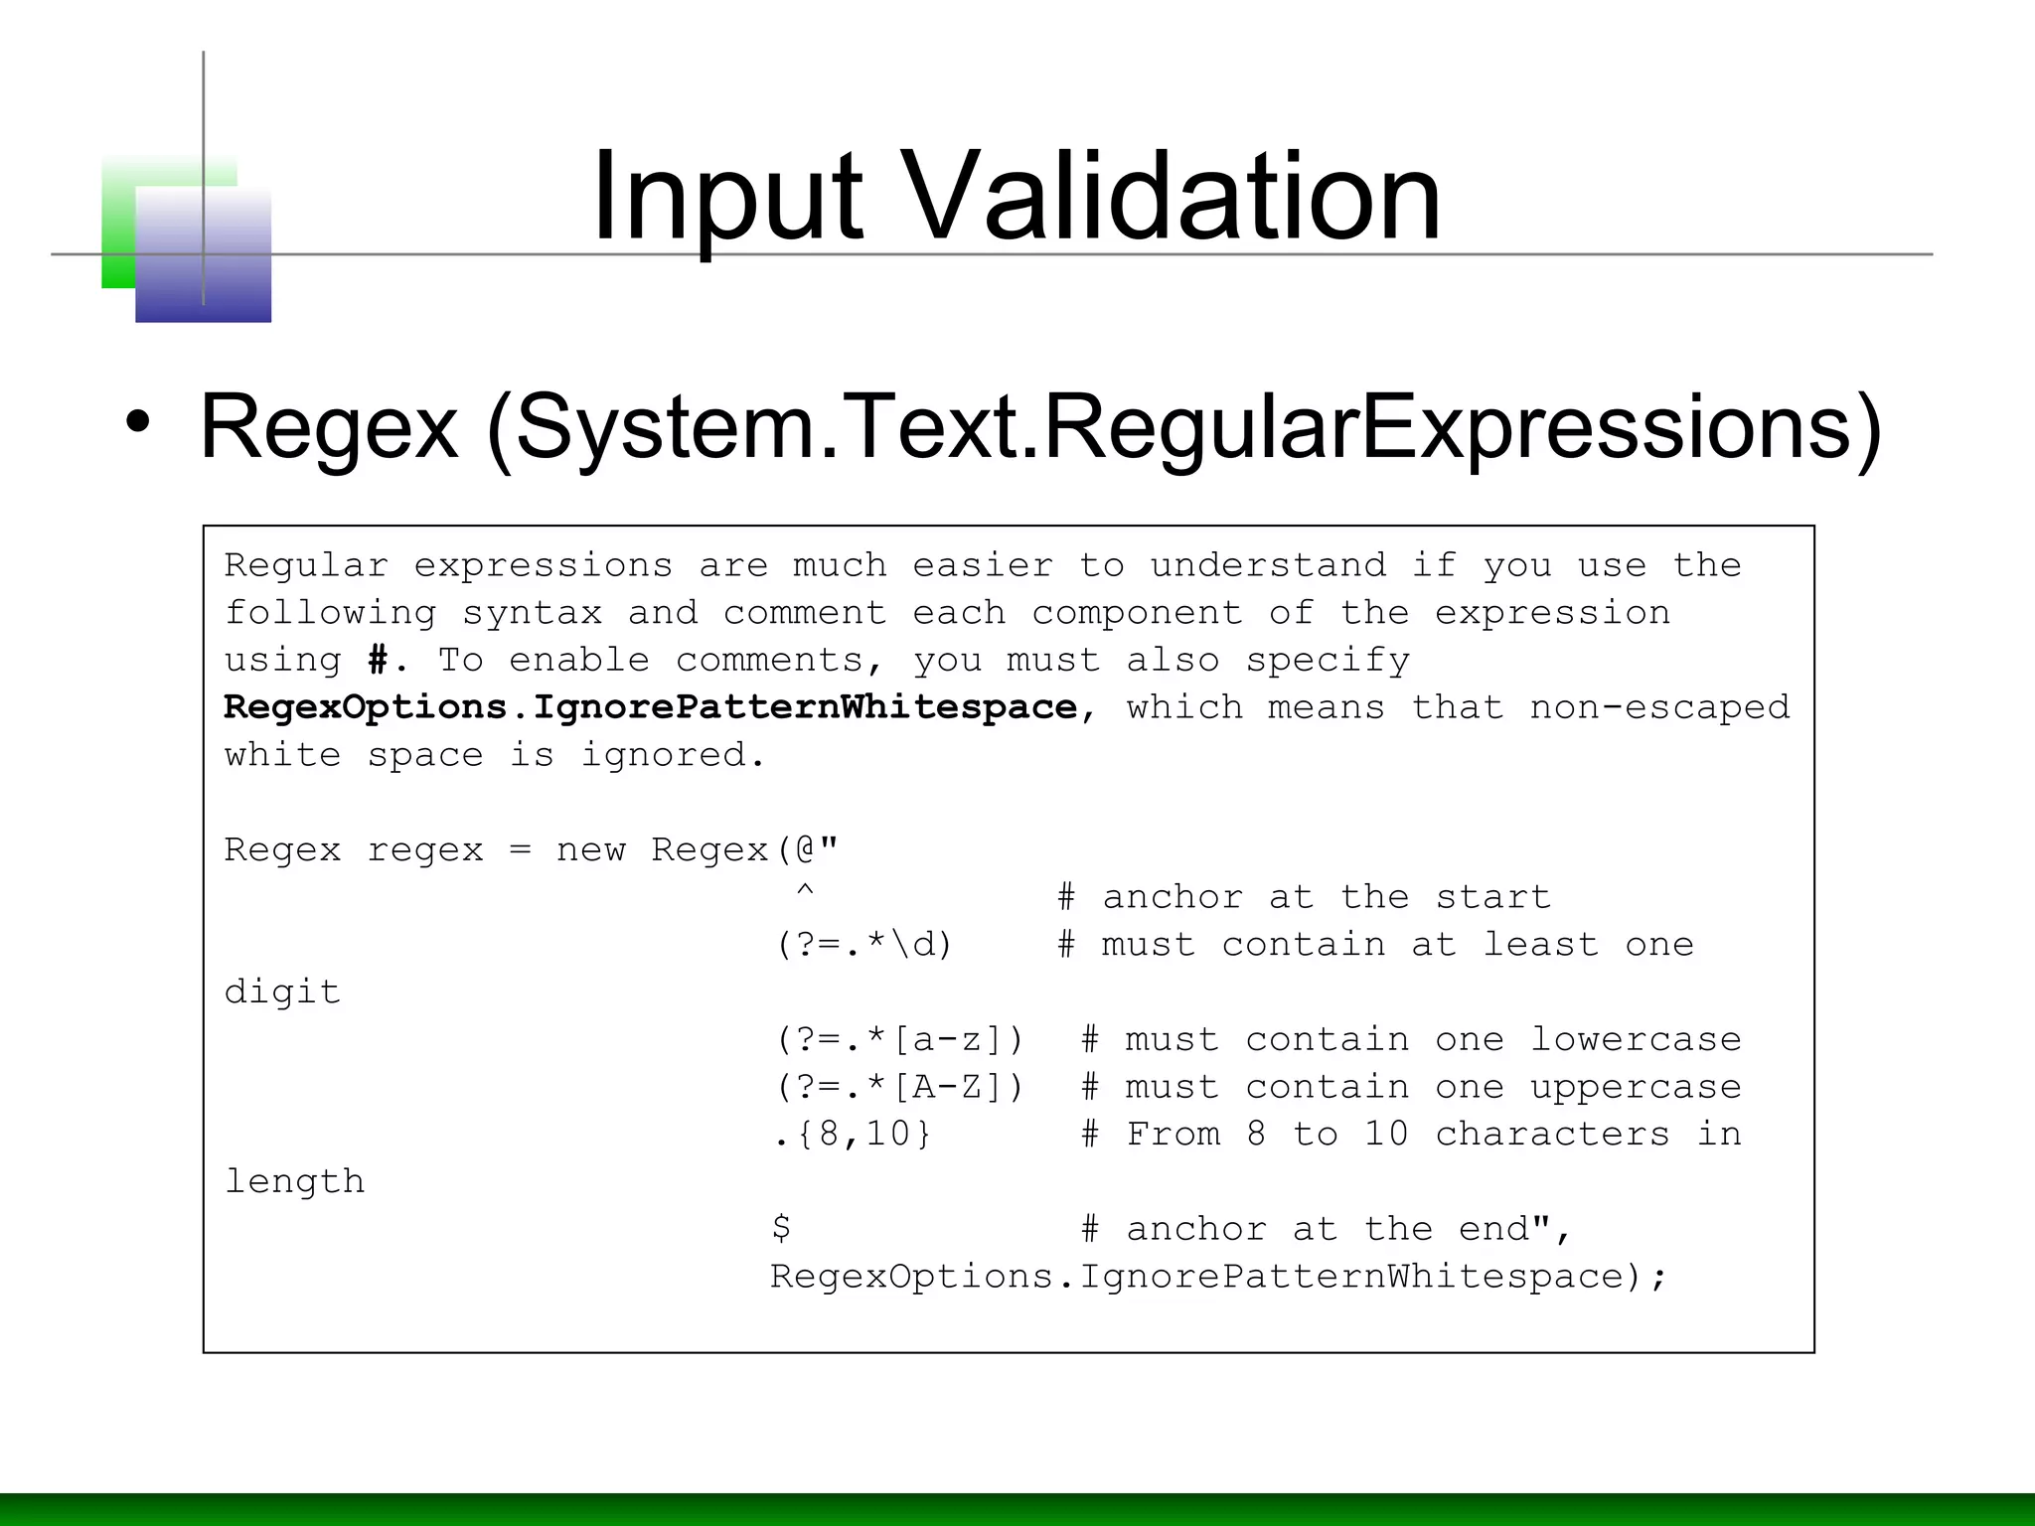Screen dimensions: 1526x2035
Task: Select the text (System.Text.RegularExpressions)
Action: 1182,427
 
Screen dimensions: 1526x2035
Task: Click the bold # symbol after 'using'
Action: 378,660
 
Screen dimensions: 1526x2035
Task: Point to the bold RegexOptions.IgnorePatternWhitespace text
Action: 650,707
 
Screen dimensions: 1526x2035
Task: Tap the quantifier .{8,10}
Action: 852,1134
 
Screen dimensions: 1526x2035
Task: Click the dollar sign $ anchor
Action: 781,1228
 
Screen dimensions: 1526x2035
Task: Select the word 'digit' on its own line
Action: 282,992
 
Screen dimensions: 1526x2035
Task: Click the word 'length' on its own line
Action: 294,1181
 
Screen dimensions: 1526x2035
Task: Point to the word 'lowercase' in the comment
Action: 1635,1039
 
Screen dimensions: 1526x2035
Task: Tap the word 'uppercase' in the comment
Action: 1635,1087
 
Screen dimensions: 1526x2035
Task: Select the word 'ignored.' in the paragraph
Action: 673,755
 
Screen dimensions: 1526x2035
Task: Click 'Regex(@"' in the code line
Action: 744,849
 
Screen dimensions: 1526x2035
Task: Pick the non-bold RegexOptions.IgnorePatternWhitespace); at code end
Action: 1217,1276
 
